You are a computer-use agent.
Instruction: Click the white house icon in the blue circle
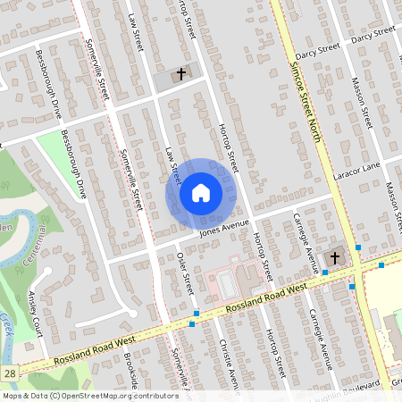pos(200,193)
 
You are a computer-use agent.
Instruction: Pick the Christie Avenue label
pos(224,364)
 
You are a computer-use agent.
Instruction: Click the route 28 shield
pos(9,370)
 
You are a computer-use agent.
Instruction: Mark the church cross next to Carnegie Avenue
pos(334,257)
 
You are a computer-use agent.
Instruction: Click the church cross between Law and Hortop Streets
pos(180,74)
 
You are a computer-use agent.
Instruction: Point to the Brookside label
pos(131,371)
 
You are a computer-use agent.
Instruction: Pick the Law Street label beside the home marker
pos(171,164)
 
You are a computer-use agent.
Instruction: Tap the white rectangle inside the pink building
pos(225,285)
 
